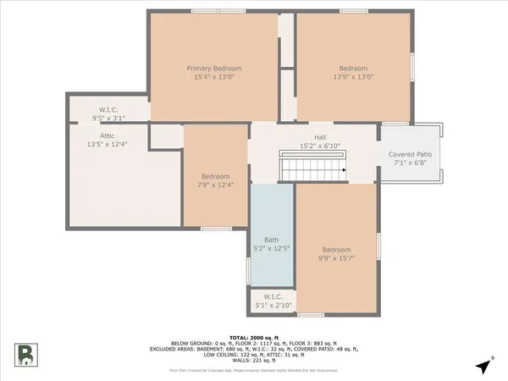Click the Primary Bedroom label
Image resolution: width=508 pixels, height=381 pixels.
click(214, 68)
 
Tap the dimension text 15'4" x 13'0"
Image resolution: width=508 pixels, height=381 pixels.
click(214, 77)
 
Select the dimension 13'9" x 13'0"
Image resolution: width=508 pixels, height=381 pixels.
click(354, 77)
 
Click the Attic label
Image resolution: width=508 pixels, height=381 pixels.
click(107, 135)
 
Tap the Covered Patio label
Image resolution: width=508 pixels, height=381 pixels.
click(410, 155)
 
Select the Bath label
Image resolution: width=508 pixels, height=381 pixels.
click(271, 240)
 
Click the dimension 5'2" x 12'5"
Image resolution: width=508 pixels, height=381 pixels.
click(271, 249)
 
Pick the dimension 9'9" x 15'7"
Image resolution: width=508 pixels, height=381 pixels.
click(336, 259)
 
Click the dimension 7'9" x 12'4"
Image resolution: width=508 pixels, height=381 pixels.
click(215, 185)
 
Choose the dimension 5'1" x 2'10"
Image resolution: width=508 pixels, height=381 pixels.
click(273, 306)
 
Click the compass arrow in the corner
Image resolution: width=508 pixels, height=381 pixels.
click(483, 367)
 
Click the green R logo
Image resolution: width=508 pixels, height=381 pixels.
click(26, 354)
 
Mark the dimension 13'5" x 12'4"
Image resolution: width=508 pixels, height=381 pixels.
click(107, 145)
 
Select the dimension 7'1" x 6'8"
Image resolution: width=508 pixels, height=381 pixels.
click(410, 164)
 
